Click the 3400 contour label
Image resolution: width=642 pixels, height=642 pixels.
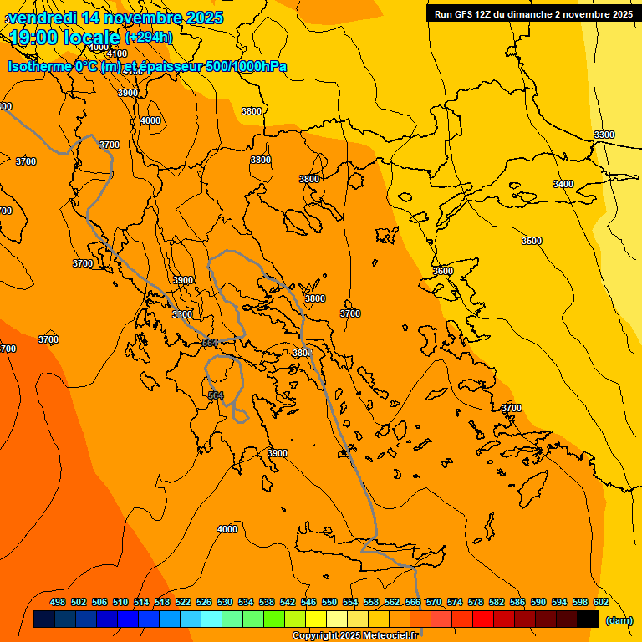(563, 184)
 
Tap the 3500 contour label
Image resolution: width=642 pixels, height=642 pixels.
(532, 241)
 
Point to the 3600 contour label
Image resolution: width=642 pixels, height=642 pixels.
(443, 271)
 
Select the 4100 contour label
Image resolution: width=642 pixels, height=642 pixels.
(118, 53)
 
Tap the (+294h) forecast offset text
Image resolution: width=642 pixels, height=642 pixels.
(149, 37)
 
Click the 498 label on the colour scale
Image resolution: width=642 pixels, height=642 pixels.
(58, 602)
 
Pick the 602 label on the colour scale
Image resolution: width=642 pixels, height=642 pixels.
(601, 602)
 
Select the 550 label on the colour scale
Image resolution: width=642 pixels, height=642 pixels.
(329, 602)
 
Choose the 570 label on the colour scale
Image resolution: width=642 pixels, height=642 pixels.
(434, 602)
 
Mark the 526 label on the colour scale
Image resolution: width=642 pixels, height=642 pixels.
(204, 602)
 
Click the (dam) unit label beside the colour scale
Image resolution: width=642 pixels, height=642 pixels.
(619, 620)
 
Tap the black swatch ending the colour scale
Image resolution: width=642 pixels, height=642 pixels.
(588, 619)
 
